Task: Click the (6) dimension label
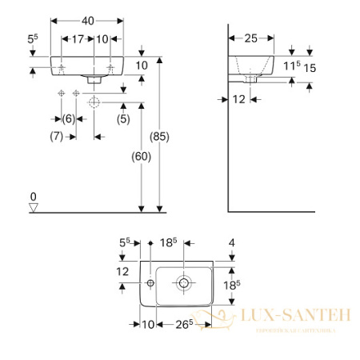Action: [69, 118]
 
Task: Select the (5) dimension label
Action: [123, 118]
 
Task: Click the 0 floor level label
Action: [33, 196]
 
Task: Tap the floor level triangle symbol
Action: [33, 207]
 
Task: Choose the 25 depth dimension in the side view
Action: [250, 38]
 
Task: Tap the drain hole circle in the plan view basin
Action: [184, 282]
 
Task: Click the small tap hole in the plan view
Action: [150, 282]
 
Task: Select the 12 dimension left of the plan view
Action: [122, 272]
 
